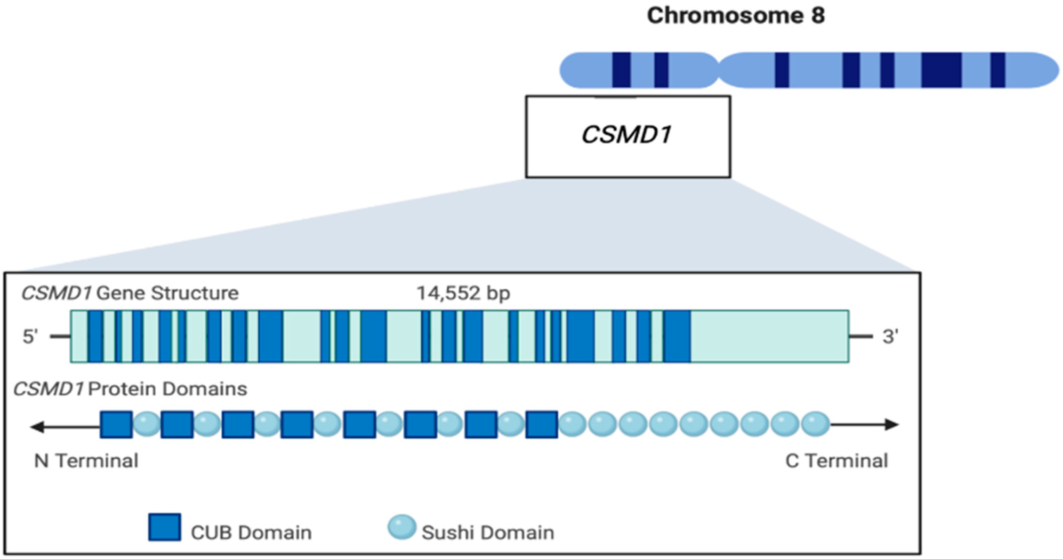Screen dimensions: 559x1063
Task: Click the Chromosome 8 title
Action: [736, 16]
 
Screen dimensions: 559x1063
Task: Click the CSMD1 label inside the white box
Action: [627, 135]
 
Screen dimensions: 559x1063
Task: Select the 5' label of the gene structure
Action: [30, 337]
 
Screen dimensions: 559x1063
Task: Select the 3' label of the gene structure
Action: [890, 337]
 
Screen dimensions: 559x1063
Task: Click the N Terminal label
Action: [86, 461]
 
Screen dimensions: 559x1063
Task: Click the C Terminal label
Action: [836, 461]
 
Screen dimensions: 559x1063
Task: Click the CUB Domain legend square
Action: [165, 527]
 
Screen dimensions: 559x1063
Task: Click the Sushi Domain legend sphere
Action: [401, 527]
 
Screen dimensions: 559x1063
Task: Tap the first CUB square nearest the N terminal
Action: [116, 424]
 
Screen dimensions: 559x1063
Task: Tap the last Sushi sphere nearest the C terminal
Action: [815, 424]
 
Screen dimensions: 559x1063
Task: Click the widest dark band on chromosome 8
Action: [941, 70]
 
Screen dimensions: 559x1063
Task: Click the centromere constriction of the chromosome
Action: [718, 70]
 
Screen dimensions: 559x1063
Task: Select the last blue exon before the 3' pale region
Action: [677, 337]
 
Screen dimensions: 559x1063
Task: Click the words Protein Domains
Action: [167, 389]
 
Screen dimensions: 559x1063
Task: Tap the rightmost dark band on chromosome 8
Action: [997, 70]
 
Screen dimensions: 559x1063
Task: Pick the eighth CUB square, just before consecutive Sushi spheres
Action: [542, 424]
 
